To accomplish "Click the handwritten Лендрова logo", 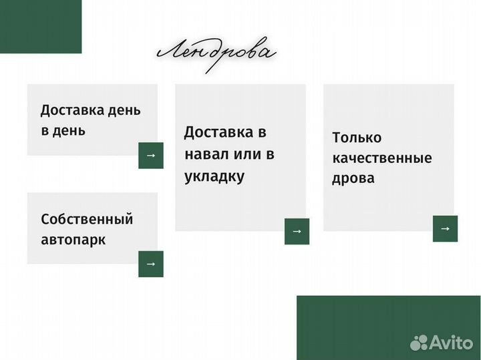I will point(216,53).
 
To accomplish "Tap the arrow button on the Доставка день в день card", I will point(150,155).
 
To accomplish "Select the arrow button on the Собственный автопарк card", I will point(150,264).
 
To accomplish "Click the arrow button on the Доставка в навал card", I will point(297,231).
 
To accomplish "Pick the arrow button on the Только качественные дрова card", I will point(445,228).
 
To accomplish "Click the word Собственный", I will point(87,219).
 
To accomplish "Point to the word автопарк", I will point(73,239).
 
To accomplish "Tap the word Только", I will point(357,138).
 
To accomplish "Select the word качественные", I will point(382,158).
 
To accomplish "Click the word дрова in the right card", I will point(353,178).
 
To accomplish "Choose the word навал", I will point(206,154).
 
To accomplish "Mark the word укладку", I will point(214,176).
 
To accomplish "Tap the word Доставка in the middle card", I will point(215,132).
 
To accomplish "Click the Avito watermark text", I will point(451,343).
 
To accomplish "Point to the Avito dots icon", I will point(419,343).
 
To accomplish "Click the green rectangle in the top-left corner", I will point(40,27).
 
